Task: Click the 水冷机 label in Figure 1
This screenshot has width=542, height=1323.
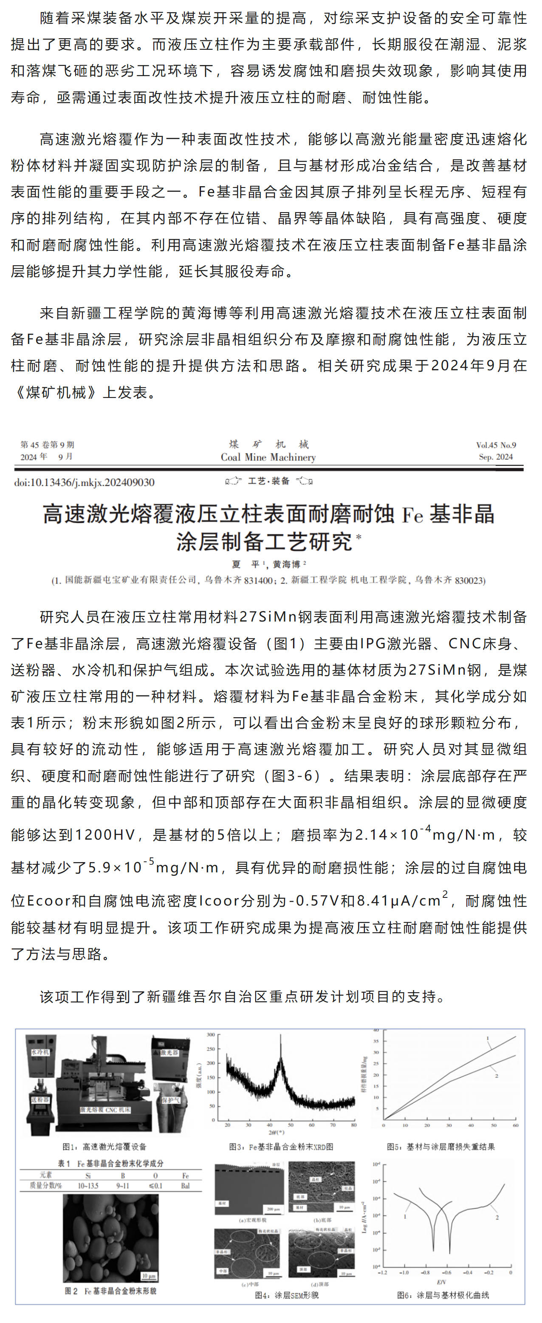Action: [40, 1052]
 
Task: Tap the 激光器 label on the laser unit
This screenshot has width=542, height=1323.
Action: [169, 1052]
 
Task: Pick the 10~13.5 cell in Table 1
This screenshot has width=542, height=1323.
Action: [88, 1185]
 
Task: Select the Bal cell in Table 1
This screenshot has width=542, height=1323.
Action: [185, 1185]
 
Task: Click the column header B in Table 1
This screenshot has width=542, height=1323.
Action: [123, 1175]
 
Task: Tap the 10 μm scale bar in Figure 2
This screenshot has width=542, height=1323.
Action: [149, 1275]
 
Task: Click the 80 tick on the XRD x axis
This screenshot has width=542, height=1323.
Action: [354, 1125]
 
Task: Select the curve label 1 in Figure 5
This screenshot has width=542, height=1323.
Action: [488, 1038]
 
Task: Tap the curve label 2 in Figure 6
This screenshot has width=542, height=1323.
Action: [497, 1217]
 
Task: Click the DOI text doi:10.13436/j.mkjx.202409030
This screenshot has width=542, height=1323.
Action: [84, 482]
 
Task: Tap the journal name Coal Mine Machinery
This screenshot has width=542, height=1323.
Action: [268, 457]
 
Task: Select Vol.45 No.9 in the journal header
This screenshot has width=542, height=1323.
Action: [495, 445]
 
